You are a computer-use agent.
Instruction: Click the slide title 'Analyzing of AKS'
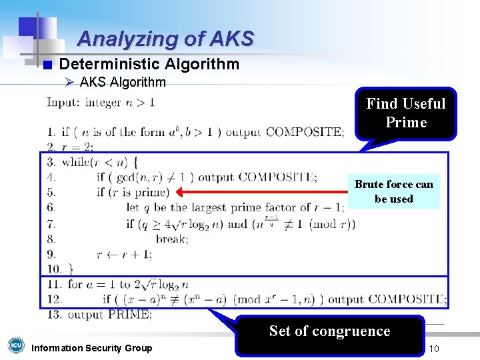click(165, 39)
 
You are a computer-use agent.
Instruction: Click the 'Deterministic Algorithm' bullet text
click(149, 64)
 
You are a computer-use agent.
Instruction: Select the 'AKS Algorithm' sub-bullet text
click(123, 83)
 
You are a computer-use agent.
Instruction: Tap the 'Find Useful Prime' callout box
click(405, 113)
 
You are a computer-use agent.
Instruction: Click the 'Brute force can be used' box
click(393, 191)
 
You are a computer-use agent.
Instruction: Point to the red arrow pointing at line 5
click(260, 192)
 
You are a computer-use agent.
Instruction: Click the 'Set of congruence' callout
click(329, 331)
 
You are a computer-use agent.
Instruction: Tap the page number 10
click(434, 349)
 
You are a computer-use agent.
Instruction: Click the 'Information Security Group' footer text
click(92, 348)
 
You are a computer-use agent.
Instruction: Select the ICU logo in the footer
click(15, 345)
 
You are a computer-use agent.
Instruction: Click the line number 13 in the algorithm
click(53, 314)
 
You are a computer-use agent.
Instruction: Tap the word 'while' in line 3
click(77, 162)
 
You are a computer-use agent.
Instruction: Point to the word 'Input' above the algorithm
click(62, 103)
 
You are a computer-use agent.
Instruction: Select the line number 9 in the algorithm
click(51, 253)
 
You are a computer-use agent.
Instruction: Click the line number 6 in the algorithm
click(51, 207)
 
